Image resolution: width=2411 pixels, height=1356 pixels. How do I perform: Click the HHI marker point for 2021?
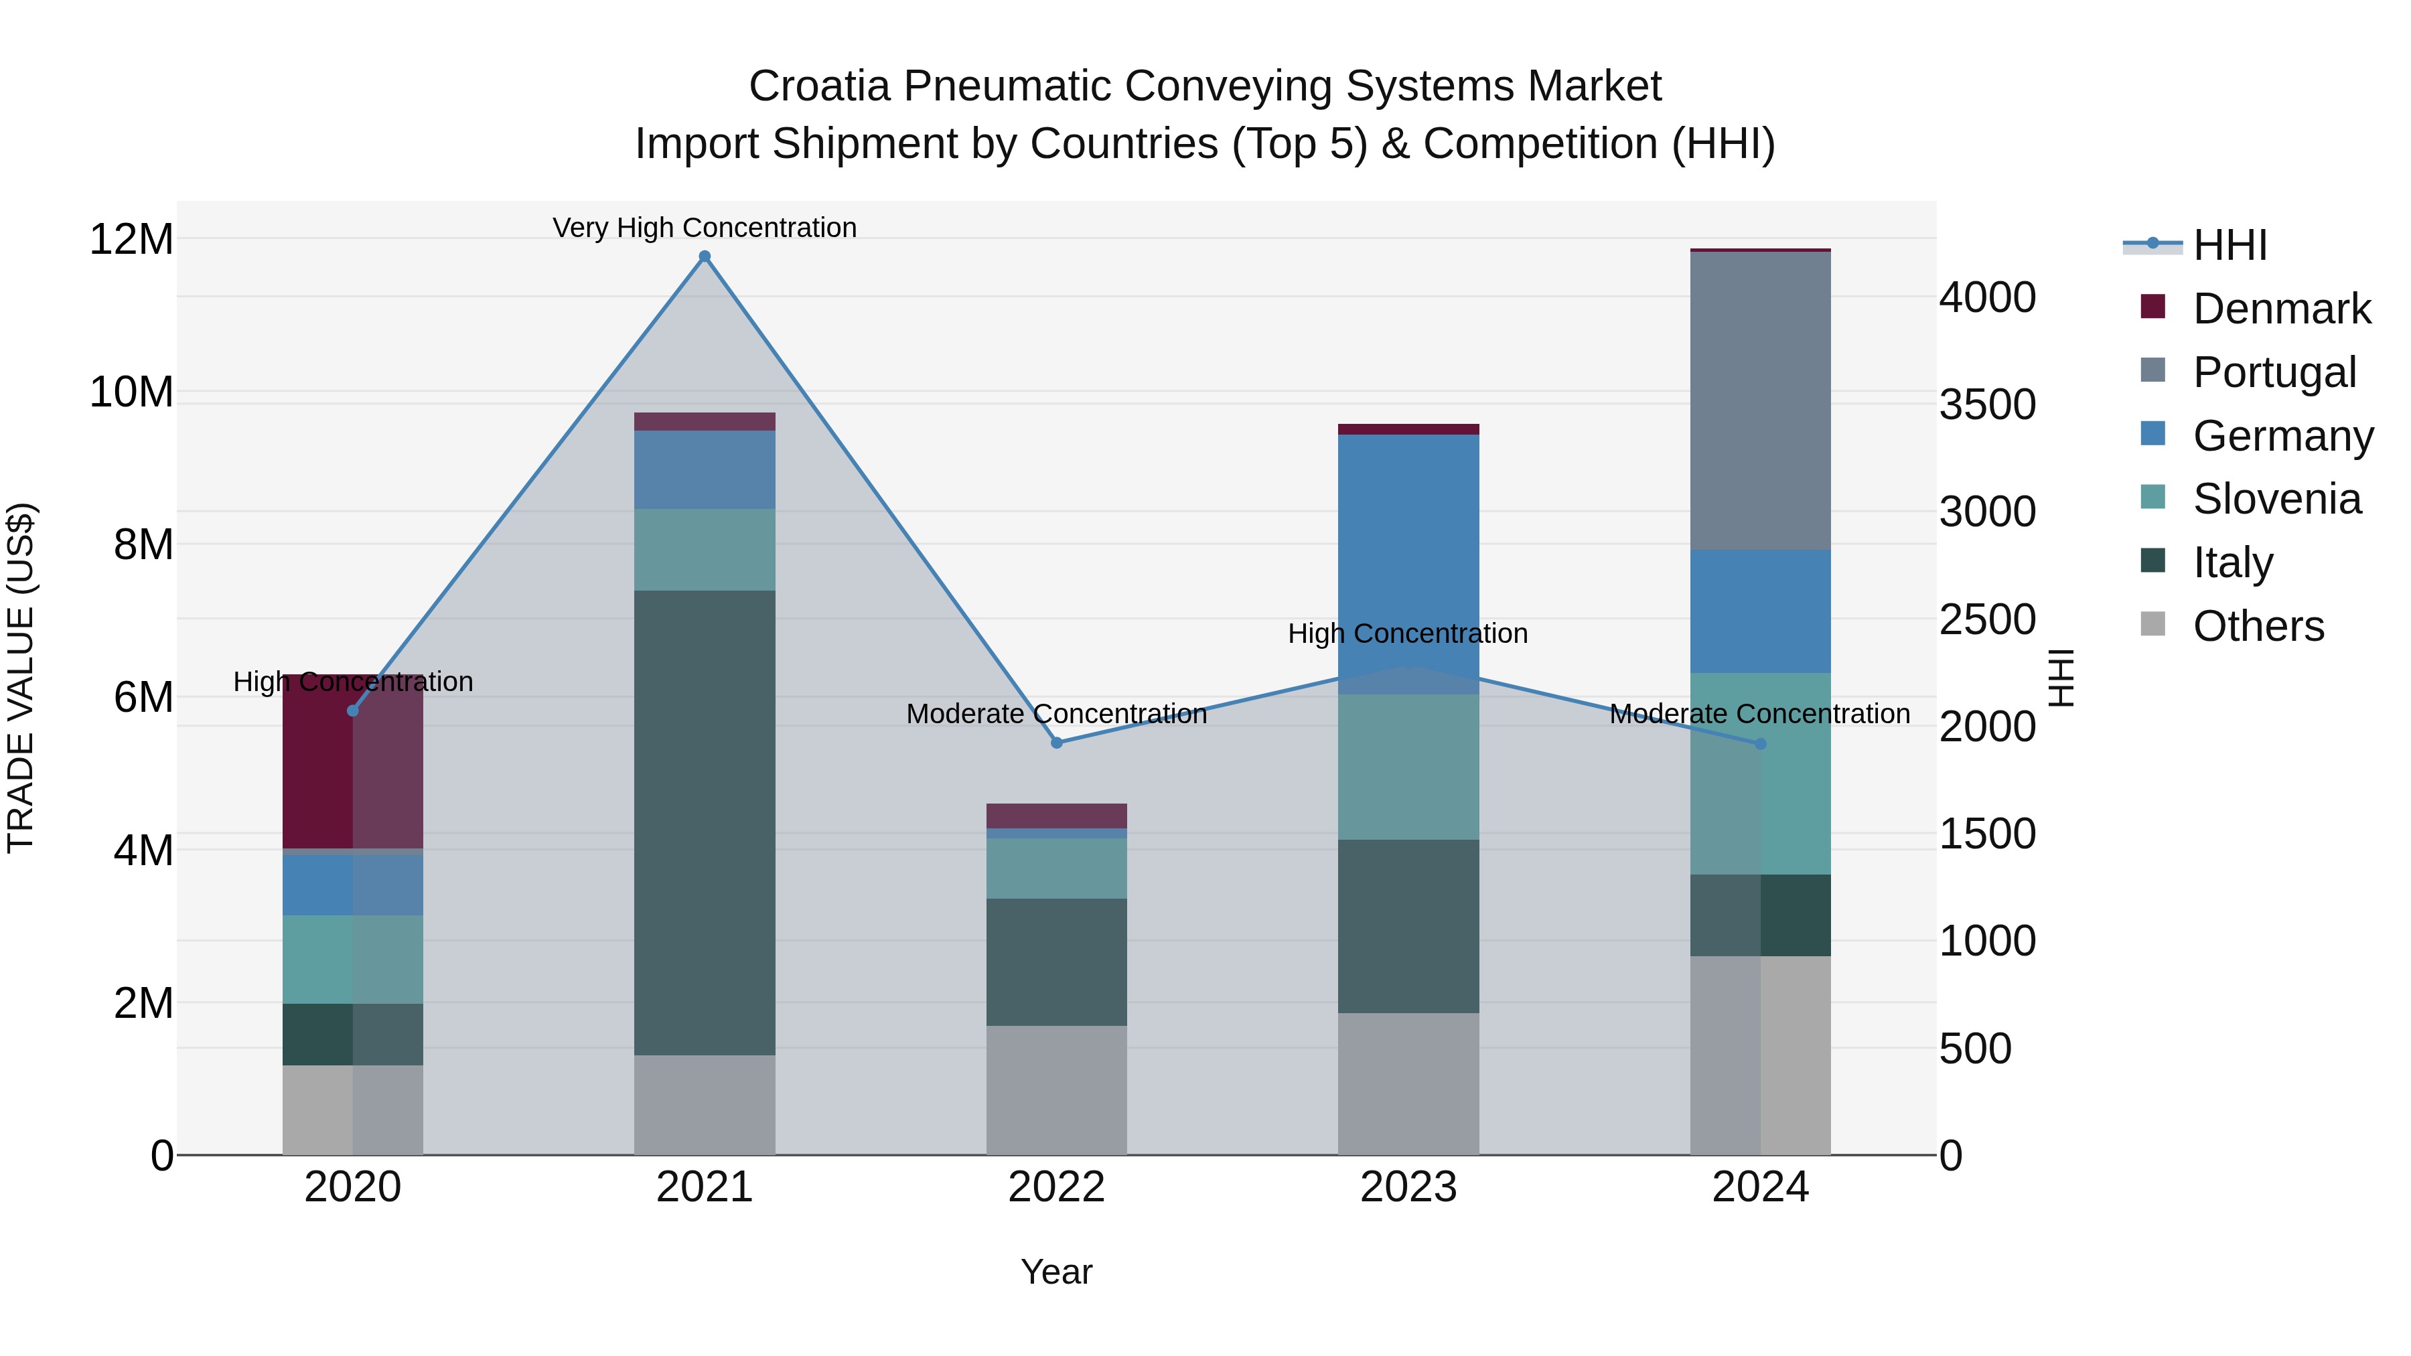705,256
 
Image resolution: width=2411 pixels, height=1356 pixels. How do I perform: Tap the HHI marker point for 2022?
1057,743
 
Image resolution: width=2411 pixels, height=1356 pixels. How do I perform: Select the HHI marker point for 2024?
1761,744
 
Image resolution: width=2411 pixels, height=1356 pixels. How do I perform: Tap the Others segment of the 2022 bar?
1057,1090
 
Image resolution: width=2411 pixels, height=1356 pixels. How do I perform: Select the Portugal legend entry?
2274,372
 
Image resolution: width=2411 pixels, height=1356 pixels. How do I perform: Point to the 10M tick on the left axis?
131,392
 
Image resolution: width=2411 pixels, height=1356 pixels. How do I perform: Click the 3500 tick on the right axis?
1987,405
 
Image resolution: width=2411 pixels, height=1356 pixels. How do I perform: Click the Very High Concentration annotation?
705,228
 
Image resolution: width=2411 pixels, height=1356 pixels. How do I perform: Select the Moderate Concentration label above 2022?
1057,714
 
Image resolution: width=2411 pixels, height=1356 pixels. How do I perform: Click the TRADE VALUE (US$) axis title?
21,678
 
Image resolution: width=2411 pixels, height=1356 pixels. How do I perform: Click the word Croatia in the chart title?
819,86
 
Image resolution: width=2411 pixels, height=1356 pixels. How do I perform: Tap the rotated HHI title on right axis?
2062,678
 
